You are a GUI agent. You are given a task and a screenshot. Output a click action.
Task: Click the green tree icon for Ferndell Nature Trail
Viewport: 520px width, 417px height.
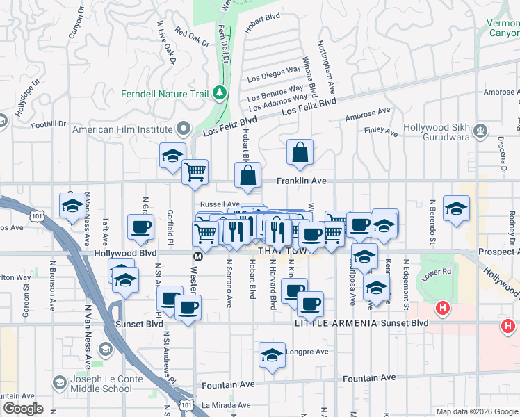[x=220, y=92]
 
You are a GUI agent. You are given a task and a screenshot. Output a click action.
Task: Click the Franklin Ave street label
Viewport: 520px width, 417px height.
[x=302, y=181]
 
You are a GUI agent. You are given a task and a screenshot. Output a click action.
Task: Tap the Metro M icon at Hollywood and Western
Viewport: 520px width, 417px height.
[x=197, y=256]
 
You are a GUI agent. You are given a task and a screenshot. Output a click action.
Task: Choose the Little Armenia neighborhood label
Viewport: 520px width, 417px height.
[x=335, y=323]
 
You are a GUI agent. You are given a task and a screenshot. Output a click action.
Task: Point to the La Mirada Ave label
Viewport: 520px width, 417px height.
[x=224, y=404]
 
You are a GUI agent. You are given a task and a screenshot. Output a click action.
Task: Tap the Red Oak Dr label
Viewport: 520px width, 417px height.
[x=192, y=38]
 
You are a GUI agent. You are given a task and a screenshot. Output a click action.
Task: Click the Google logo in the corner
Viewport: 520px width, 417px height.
[x=23, y=409]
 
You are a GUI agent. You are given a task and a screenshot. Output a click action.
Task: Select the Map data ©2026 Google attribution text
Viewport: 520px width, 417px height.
[x=477, y=411]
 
